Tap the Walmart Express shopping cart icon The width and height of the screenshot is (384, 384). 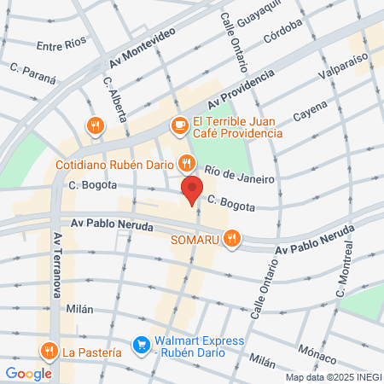point(141,346)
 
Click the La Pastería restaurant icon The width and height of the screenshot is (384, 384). point(49,351)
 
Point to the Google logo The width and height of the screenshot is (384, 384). point(28,373)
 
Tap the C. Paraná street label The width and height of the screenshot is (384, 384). point(32,71)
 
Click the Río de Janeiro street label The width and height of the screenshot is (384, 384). point(240,173)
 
